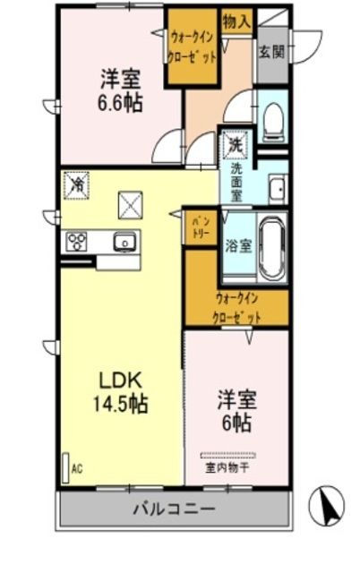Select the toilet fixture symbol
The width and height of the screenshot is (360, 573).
273,116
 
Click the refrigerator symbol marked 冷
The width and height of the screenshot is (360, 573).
77,186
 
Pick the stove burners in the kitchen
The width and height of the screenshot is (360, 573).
77,241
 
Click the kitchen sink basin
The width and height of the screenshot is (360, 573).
123,241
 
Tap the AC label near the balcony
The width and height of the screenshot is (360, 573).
76,468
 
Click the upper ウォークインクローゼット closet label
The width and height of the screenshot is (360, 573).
192,45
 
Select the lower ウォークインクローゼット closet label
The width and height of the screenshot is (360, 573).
237,308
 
